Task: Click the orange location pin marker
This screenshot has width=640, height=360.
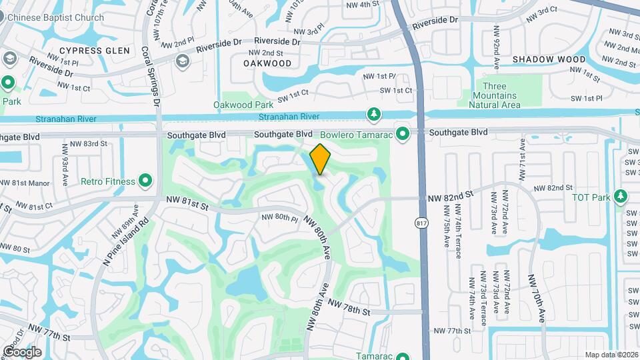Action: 321,159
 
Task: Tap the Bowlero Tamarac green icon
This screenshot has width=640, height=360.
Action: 403,134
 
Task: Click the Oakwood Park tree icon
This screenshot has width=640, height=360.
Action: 375,113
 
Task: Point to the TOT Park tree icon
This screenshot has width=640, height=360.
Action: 621,197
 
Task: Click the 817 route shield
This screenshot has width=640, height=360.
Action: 421,223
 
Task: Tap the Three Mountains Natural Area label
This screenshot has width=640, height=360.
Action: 494,95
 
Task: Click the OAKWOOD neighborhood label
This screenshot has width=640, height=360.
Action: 267,63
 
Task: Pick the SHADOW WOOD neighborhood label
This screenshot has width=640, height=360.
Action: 549,59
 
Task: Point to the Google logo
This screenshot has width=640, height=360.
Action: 21,351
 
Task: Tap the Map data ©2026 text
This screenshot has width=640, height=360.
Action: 611,355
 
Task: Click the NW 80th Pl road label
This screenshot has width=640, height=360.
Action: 279,217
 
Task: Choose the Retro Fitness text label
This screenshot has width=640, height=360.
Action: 108,181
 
